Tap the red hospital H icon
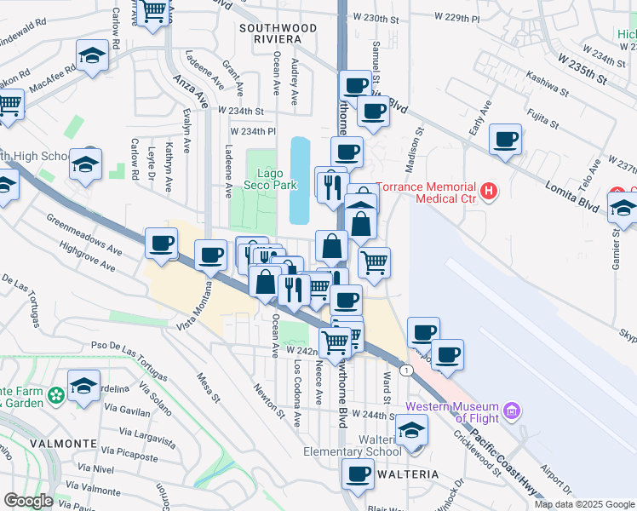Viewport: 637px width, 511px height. tap(488, 192)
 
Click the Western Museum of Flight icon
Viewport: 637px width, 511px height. tap(511, 412)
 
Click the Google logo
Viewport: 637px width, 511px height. tap(28, 501)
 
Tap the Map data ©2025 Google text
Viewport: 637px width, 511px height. tap(584, 504)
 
